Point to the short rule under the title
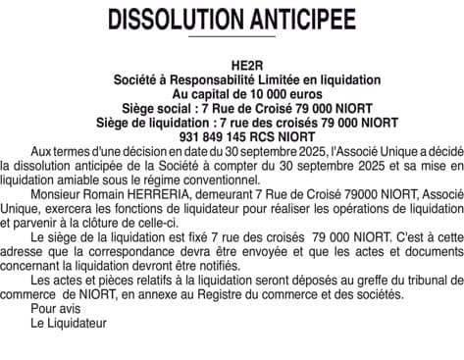[232, 37]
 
